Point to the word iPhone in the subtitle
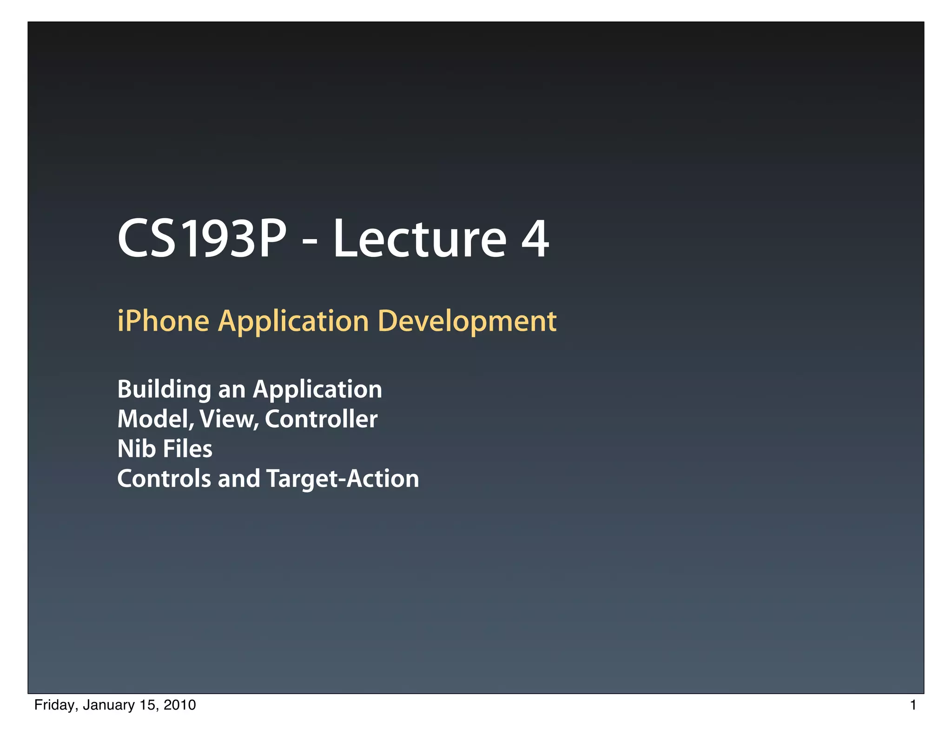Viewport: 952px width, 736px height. tap(163, 321)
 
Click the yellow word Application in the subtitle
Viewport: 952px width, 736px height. tap(293, 322)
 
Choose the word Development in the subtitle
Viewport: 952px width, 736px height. tap(467, 322)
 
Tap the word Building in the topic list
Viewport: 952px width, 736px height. tap(164, 390)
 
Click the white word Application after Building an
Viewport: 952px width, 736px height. tap(317, 390)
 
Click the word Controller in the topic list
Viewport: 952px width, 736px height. tap(321, 419)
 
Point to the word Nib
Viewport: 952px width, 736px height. tap(136, 449)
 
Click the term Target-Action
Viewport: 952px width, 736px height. tap(343, 479)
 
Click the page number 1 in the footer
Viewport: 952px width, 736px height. tap(913, 705)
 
